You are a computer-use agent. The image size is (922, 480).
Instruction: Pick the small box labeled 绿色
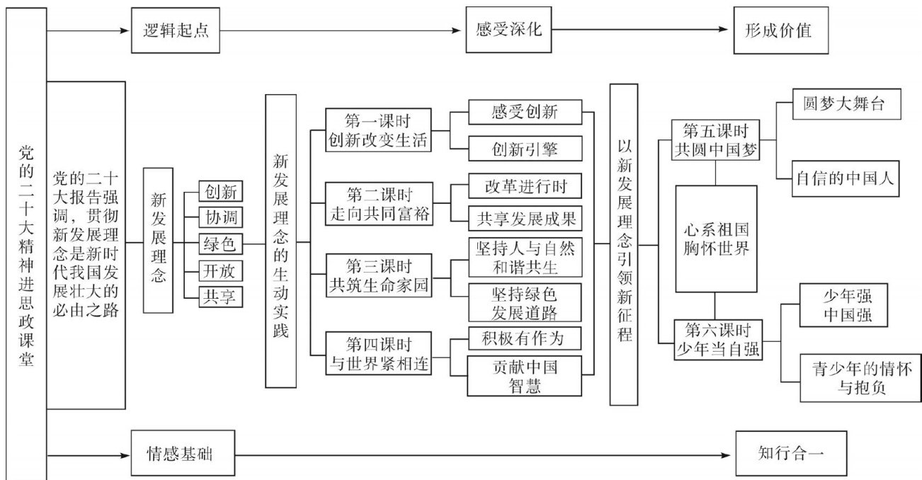tap(220, 244)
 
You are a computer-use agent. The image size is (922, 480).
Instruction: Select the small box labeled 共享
tap(220, 297)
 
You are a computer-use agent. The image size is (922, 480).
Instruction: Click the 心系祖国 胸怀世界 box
tap(716, 239)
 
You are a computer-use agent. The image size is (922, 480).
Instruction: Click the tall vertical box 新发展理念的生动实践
tap(280, 241)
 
